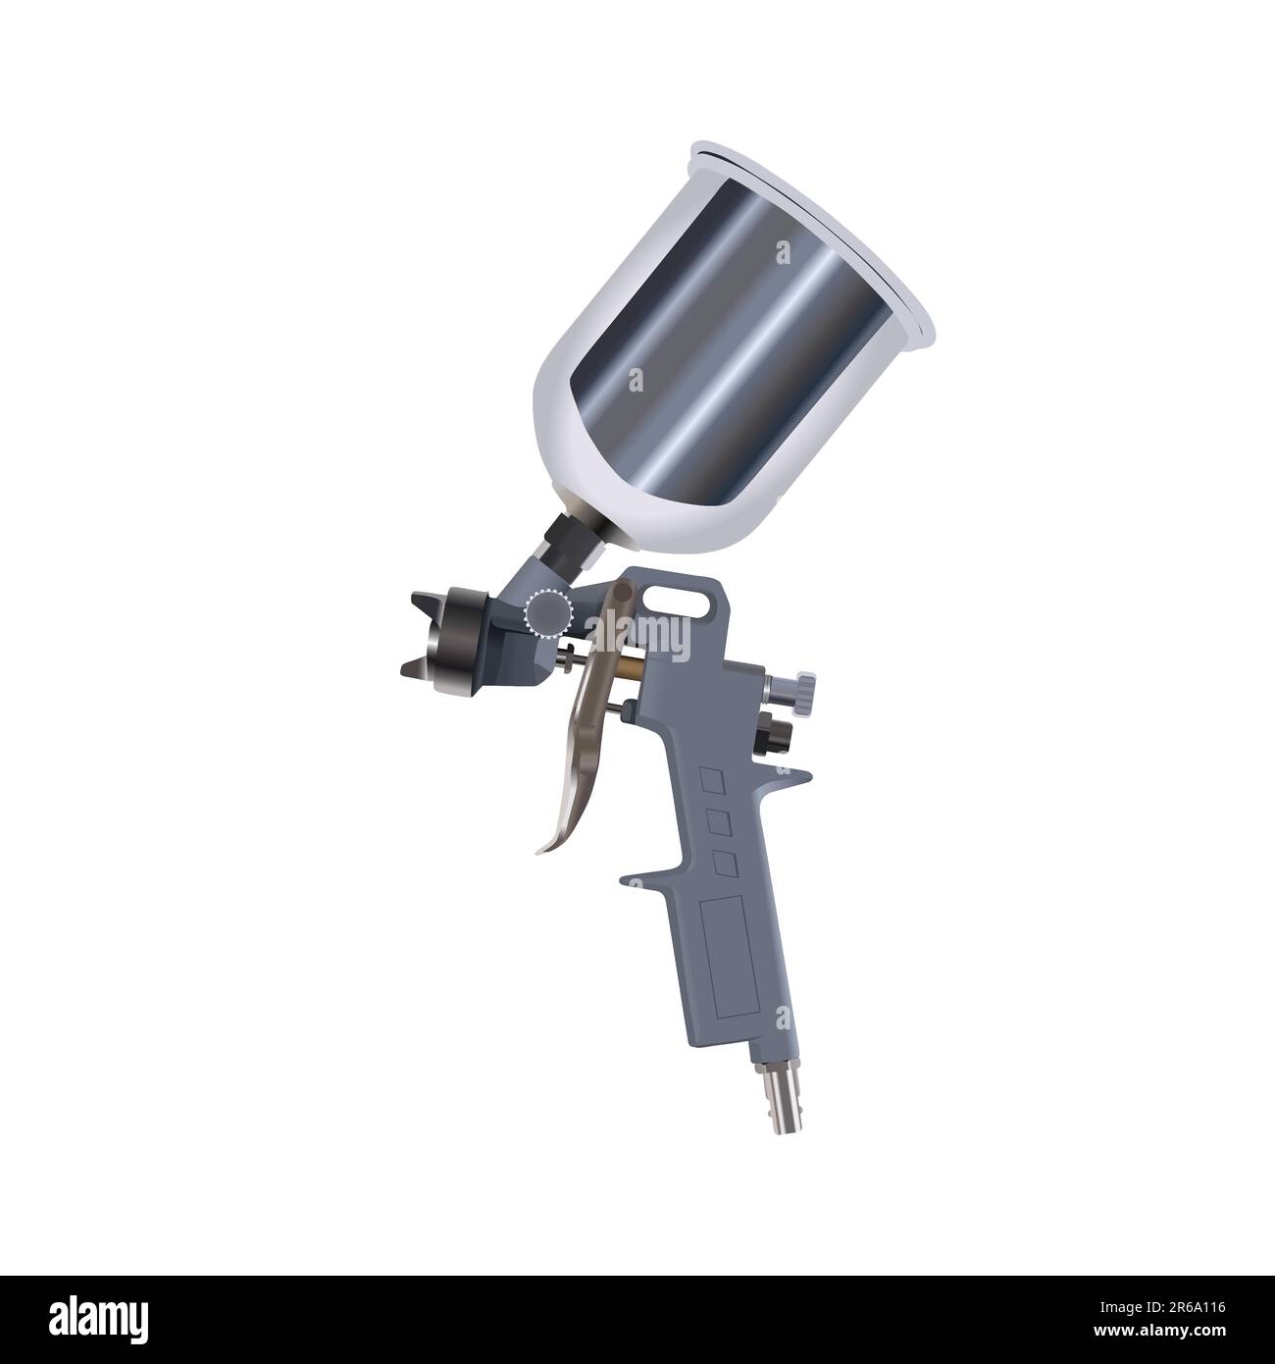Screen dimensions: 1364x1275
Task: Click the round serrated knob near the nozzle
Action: click(x=546, y=613)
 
